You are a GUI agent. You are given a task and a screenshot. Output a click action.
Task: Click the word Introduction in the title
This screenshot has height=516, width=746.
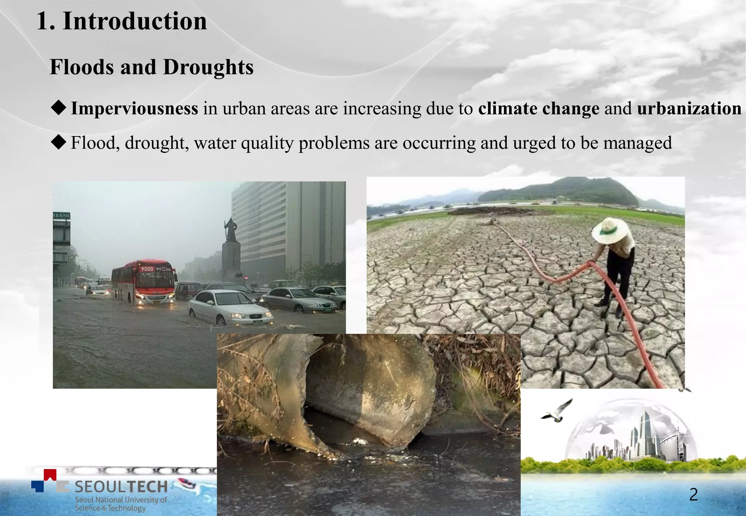pos(135,21)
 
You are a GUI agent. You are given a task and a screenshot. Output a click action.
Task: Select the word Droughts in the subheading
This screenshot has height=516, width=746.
pos(208,67)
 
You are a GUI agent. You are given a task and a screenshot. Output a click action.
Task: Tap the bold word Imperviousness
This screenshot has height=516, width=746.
pos(134,108)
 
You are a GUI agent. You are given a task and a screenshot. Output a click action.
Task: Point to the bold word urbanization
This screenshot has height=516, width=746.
pos(689,108)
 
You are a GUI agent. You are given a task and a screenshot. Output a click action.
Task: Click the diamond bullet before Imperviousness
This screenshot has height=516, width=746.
pos(59,107)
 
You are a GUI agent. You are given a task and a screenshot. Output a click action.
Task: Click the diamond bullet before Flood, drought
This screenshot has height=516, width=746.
pos(59,142)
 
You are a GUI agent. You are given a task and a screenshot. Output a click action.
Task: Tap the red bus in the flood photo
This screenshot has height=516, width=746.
pos(144,281)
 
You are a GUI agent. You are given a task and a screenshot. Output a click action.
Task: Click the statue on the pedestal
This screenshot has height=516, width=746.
pos(230,230)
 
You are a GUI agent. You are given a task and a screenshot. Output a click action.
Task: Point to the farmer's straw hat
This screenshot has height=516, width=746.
pos(610,230)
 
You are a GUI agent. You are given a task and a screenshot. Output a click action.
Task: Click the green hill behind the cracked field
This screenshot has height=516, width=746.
pos(561,191)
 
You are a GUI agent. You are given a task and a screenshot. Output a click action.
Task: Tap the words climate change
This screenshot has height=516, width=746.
pos(539,108)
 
